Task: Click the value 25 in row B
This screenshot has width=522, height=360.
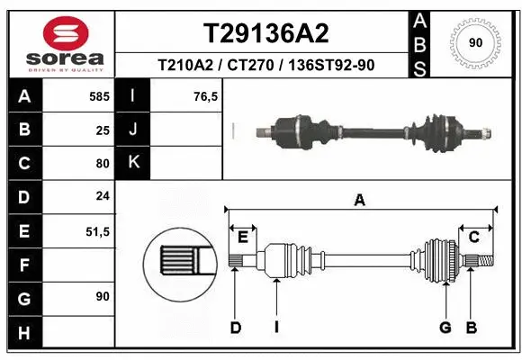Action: [x=103, y=130]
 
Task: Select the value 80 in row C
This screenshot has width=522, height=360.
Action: [x=103, y=164]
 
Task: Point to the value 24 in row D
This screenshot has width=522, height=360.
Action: [x=103, y=197]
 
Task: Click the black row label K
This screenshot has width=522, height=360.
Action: [x=134, y=164]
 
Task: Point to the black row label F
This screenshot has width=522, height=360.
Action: [x=24, y=265]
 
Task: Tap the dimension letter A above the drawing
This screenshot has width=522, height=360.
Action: [x=360, y=201]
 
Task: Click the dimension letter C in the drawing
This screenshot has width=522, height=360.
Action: [x=473, y=237]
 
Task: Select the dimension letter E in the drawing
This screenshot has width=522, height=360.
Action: [x=242, y=237]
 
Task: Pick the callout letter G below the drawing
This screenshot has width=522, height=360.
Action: [x=445, y=328]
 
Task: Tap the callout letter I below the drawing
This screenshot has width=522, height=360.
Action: [x=276, y=328]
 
